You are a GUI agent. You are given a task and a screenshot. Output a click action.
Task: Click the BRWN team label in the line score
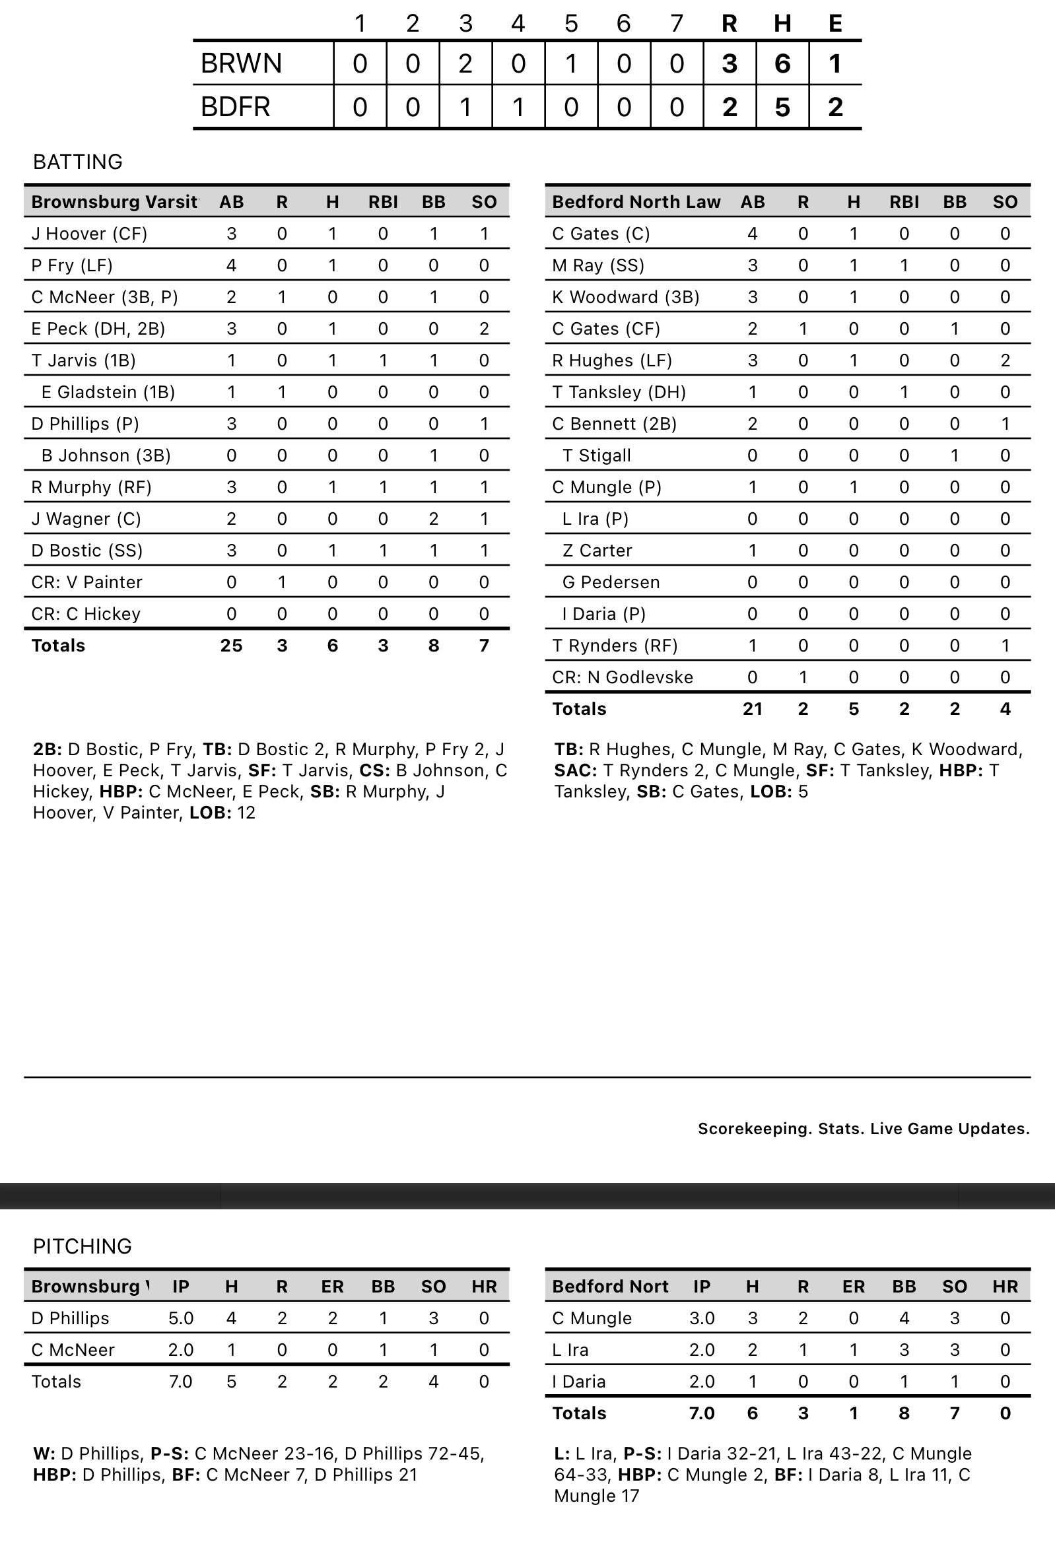pos(242,63)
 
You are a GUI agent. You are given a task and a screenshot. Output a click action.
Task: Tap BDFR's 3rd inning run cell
pos(465,107)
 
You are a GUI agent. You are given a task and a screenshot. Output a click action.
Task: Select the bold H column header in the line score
pos(782,23)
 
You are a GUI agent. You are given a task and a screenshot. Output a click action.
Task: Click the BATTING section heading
pos(78,162)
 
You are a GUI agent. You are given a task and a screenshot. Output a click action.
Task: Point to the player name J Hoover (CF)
pos(89,234)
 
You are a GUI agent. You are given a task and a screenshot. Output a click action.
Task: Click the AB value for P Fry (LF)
pos(232,265)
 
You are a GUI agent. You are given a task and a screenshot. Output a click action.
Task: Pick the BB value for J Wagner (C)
pos(434,519)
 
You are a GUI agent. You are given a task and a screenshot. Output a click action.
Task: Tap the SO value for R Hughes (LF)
pos(1005,360)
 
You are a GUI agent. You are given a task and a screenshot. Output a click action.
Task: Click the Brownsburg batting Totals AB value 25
pos(232,646)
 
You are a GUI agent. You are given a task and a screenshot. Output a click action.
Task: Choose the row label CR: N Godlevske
pos(623,677)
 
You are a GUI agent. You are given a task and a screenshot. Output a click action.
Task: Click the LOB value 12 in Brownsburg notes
pos(246,812)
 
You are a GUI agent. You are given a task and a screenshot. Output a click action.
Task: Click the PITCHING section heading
pos(83,1246)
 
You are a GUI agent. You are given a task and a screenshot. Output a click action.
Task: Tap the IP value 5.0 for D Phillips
pos(181,1318)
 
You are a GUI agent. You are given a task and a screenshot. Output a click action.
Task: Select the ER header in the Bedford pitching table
pos(854,1286)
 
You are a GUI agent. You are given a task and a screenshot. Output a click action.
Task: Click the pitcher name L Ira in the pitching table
pos(570,1350)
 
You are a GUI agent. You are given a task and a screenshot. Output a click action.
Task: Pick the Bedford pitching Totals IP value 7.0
pos(702,1413)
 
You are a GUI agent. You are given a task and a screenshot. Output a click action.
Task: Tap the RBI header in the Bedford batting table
pos(904,201)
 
